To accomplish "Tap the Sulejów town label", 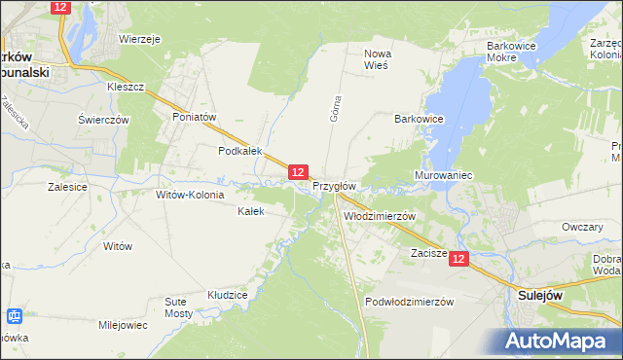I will tap(543, 293).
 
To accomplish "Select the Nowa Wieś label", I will tap(376, 59).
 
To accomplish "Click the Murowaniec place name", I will tap(443, 176).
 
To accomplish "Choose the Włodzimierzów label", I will tap(380, 216).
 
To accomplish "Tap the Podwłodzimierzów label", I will tap(410, 302).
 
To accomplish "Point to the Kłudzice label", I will tap(228, 294).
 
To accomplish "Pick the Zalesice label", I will tap(67, 186).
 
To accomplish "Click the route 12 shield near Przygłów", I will tap(298, 172).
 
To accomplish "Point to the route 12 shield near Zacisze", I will tap(459, 259).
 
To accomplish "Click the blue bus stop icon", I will tap(15, 316).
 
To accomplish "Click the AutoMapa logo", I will tap(561, 341).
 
